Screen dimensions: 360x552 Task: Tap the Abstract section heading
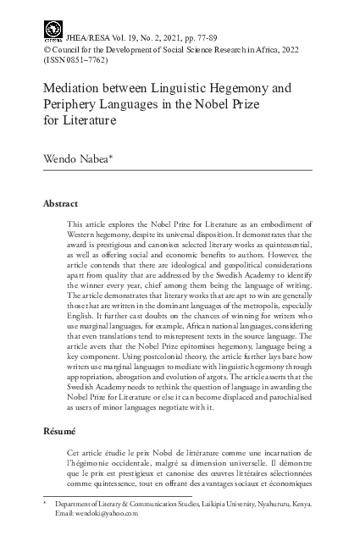click(x=60, y=204)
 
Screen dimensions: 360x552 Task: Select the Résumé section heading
click(x=59, y=431)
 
